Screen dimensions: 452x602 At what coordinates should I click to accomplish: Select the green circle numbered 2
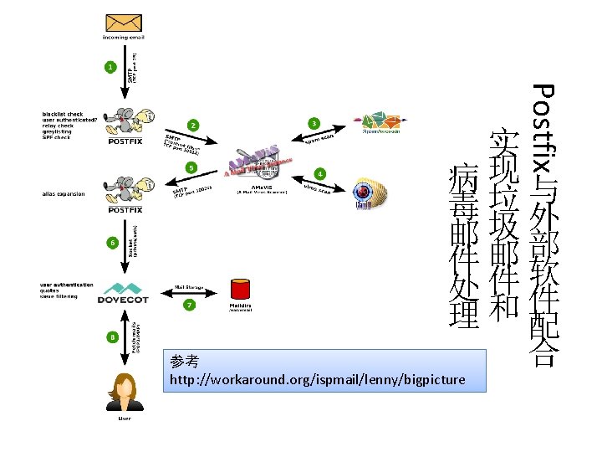click(x=194, y=126)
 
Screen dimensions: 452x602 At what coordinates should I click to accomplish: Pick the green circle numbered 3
click(x=314, y=123)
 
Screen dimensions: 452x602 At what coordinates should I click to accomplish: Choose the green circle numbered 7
click(x=190, y=305)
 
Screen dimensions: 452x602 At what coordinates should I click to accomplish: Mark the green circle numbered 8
click(x=112, y=336)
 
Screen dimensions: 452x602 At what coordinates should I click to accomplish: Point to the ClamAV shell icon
click(x=372, y=193)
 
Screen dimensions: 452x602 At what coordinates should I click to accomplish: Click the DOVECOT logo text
click(x=124, y=299)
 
